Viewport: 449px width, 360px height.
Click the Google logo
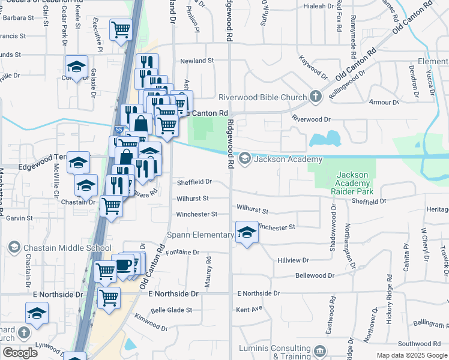pos(20,353)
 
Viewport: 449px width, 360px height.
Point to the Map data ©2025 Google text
pos(411,355)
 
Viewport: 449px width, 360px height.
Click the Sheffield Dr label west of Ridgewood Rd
pos(194,182)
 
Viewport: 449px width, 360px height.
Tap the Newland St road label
pos(197,61)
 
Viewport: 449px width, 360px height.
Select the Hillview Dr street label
pos(293,260)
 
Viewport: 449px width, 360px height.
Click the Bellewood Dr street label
pos(315,275)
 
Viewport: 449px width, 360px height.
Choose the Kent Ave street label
pos(250,310)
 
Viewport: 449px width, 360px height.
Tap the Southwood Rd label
pos(420,344)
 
